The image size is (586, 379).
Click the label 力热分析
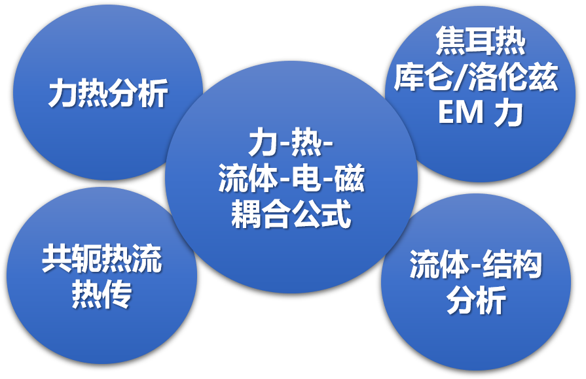(x=109, y=93)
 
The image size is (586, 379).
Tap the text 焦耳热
(x=480, y=41)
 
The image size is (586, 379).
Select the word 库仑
(x=424, y=77)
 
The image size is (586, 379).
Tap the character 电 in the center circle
(x=307, y=178)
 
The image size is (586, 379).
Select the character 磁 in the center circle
(x=349, y=178)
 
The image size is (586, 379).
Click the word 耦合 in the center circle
(x=261, y=214)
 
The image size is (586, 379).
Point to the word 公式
(x=321, y=214)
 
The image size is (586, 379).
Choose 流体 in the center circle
(x=248, y=178)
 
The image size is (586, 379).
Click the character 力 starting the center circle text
(x=263, y=143)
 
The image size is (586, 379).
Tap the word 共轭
(x=72, y=259)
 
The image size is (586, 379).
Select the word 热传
(x=101, y=294)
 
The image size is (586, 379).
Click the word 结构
(x=513, y=265)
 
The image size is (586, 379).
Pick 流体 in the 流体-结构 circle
(x=440, y=265)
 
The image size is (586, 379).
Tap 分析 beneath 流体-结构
(x=477, y=301)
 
